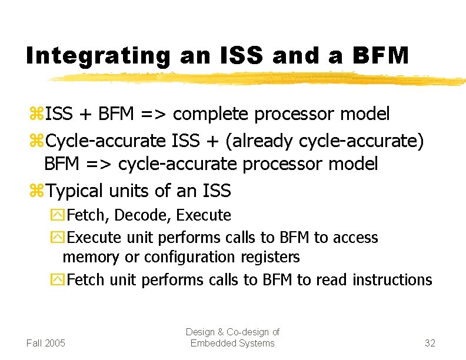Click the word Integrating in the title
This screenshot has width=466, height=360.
coord(98,56)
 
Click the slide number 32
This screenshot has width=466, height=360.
coord(430,343)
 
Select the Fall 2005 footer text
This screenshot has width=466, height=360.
coord(46,343)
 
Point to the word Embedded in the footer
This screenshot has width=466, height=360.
coord(211,343)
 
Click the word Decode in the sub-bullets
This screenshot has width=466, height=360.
coord(139,215)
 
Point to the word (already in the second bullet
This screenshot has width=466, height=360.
coord(262,141)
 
